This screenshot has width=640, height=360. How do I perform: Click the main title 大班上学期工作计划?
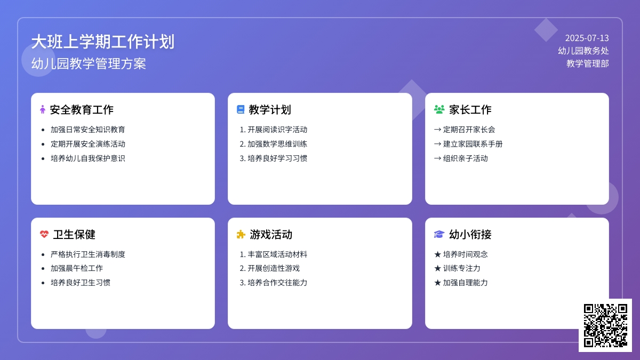[103, 42]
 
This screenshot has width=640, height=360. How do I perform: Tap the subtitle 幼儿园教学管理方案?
[89, 63]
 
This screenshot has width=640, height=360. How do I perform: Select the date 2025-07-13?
[587, 38]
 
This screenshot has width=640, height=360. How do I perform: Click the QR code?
[605, 325]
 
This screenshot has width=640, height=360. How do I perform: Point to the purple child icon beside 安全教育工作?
[43, 109]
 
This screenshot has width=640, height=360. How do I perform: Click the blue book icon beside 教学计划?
[241, 109]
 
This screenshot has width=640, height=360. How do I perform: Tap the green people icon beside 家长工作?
[439, 109]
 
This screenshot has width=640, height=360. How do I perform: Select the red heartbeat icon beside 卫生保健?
[44, 234]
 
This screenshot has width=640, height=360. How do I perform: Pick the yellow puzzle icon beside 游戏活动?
[241, 234]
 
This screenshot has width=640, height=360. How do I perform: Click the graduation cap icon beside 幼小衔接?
[439, 234]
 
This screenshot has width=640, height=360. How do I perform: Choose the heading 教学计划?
[270, 109]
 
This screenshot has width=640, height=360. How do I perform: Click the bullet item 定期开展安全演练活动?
[88, 143]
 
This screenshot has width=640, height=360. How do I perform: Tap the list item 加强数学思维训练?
[277, 143]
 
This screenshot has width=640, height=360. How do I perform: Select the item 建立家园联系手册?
[473, 143]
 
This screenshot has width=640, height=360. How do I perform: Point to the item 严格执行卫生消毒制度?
[88, 254]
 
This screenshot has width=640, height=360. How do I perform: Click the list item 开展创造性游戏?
[274, 268]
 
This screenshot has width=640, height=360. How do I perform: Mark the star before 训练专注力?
[437, 268]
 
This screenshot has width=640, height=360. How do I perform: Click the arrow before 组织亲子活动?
[437, 158]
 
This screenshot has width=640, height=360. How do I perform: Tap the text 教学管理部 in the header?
[587, 63]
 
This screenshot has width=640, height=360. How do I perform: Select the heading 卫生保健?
[74, 234]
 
